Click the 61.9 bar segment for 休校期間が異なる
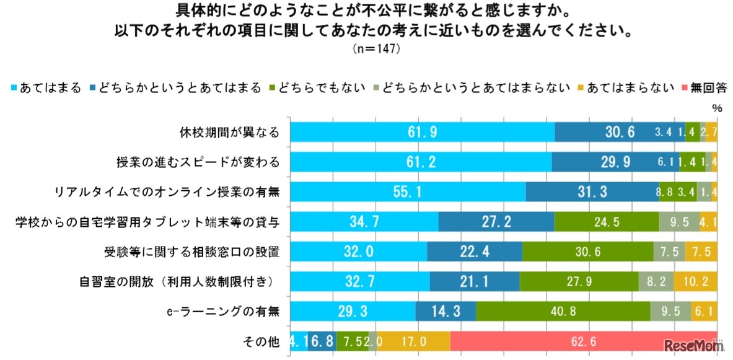(x=423, y=132)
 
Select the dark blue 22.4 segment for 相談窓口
(x=475, y=252)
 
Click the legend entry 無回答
(x=704, y=87)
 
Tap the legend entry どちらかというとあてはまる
(x=176, y=87)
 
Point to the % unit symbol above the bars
(x=717, y=108)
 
